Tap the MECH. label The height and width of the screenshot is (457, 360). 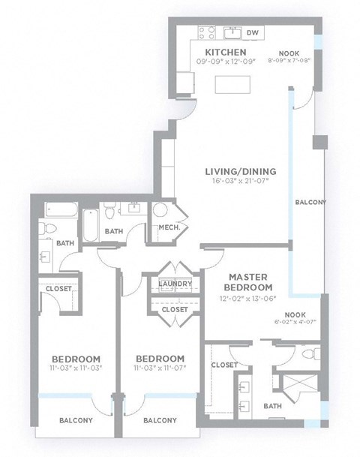[x=167, y=228]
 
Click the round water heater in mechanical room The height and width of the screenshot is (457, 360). [x=160, y=211]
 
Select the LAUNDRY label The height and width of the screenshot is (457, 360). [x=174, y=283]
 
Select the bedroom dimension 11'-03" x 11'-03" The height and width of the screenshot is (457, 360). [x=76, y=368]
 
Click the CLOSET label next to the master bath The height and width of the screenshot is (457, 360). [x=225, y=365]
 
